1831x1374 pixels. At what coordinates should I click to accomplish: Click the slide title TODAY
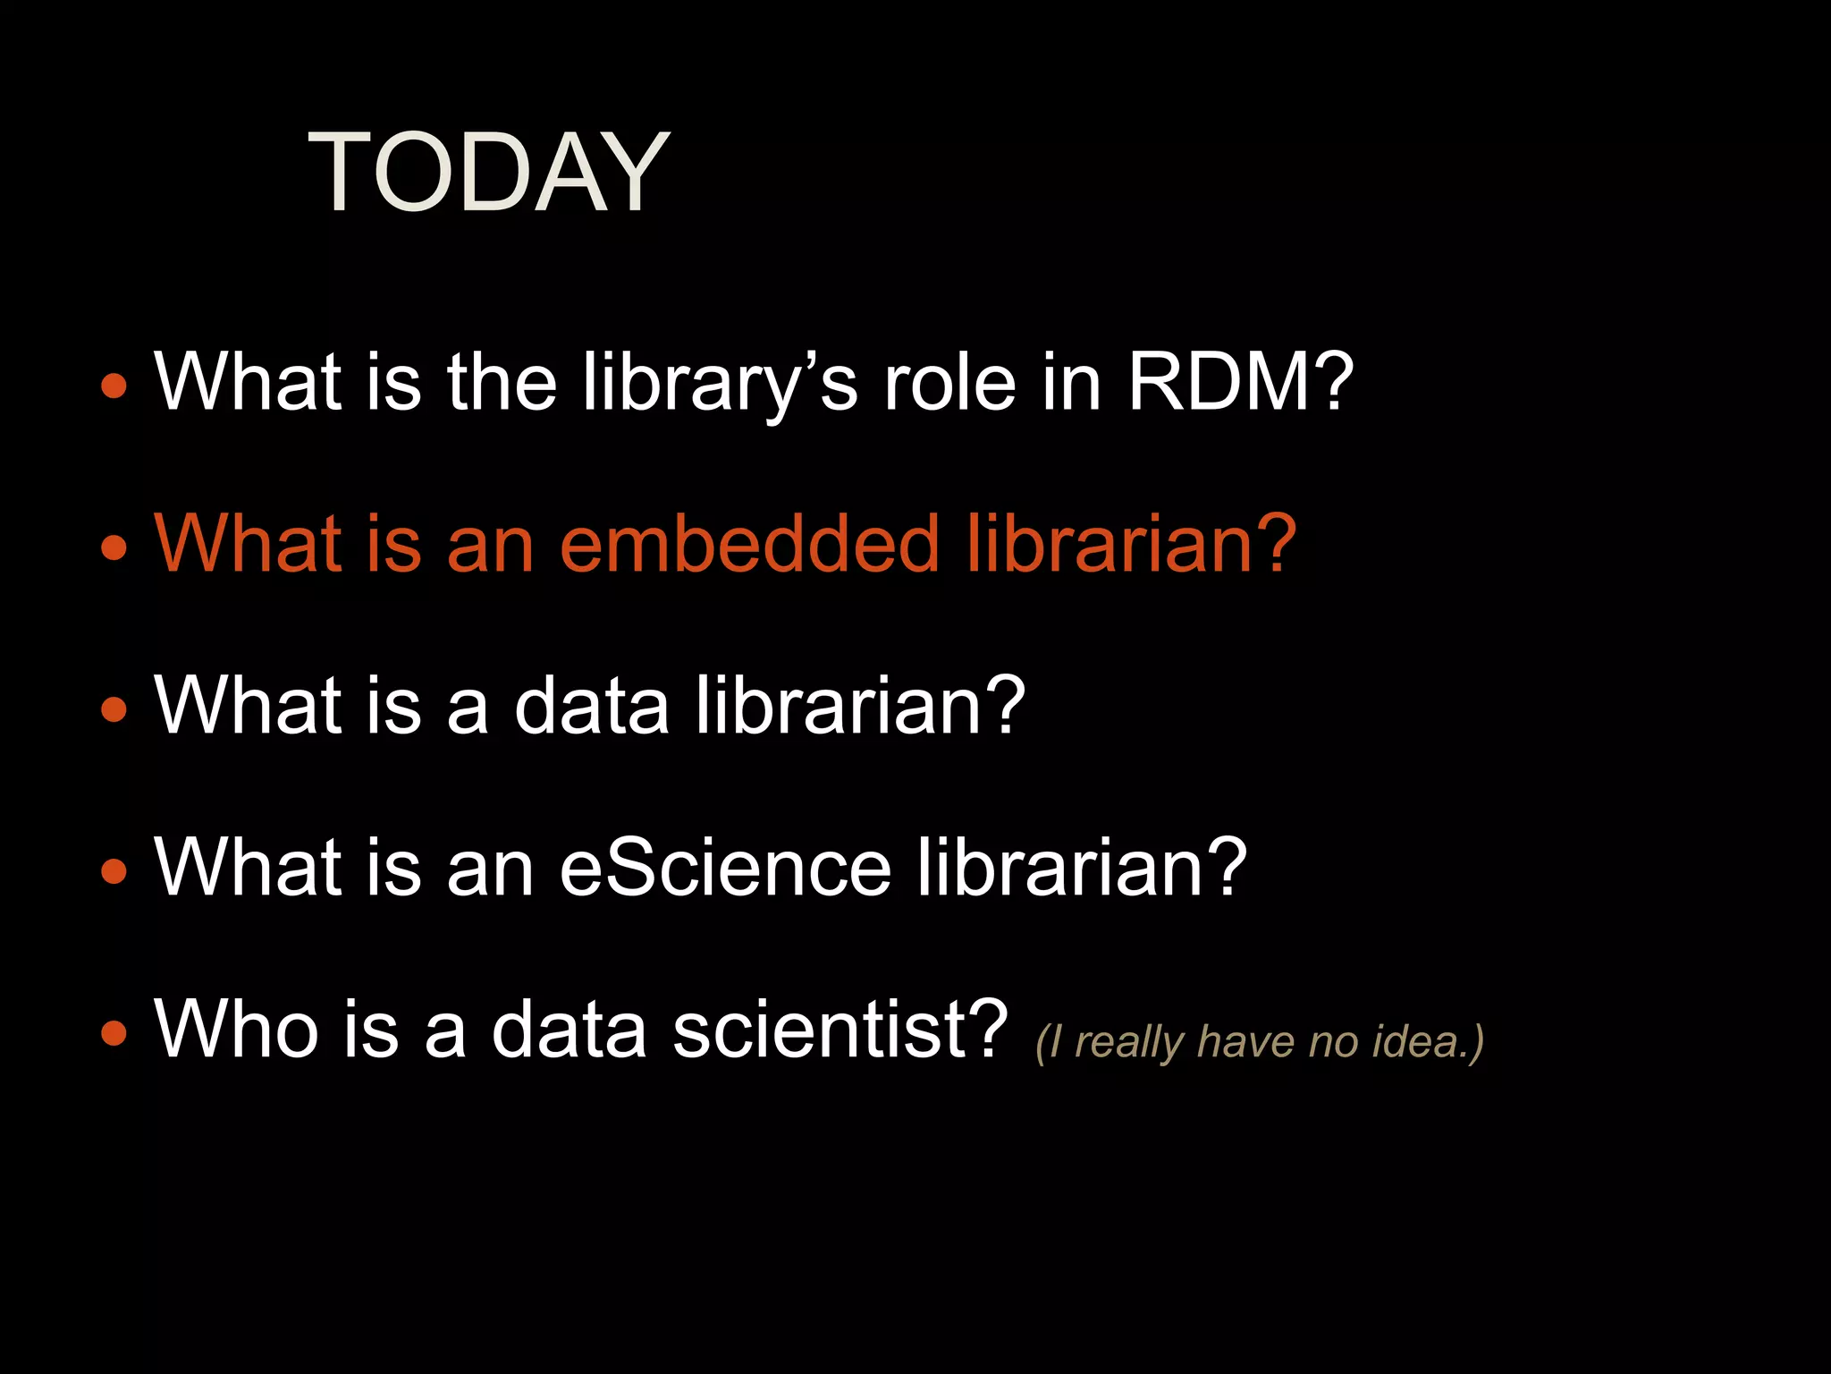(488, 172)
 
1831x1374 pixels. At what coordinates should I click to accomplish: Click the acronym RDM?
(1240, 382)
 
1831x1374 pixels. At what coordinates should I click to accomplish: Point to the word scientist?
(840, 1029)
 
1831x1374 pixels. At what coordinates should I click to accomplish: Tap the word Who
(237, 1029)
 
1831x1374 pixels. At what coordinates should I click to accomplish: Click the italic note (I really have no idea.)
(1259, 1042)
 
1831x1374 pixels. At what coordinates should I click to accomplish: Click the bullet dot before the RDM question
(114, 386)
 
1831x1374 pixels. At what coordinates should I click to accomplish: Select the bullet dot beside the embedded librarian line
(114, 547)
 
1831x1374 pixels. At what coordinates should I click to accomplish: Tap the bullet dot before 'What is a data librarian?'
(114, 709)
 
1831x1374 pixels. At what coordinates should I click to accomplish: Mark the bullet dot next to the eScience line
(114, 869)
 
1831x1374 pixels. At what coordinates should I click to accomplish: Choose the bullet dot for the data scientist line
(114, 1033)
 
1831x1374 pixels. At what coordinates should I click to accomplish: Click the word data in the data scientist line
(569, 1029)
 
